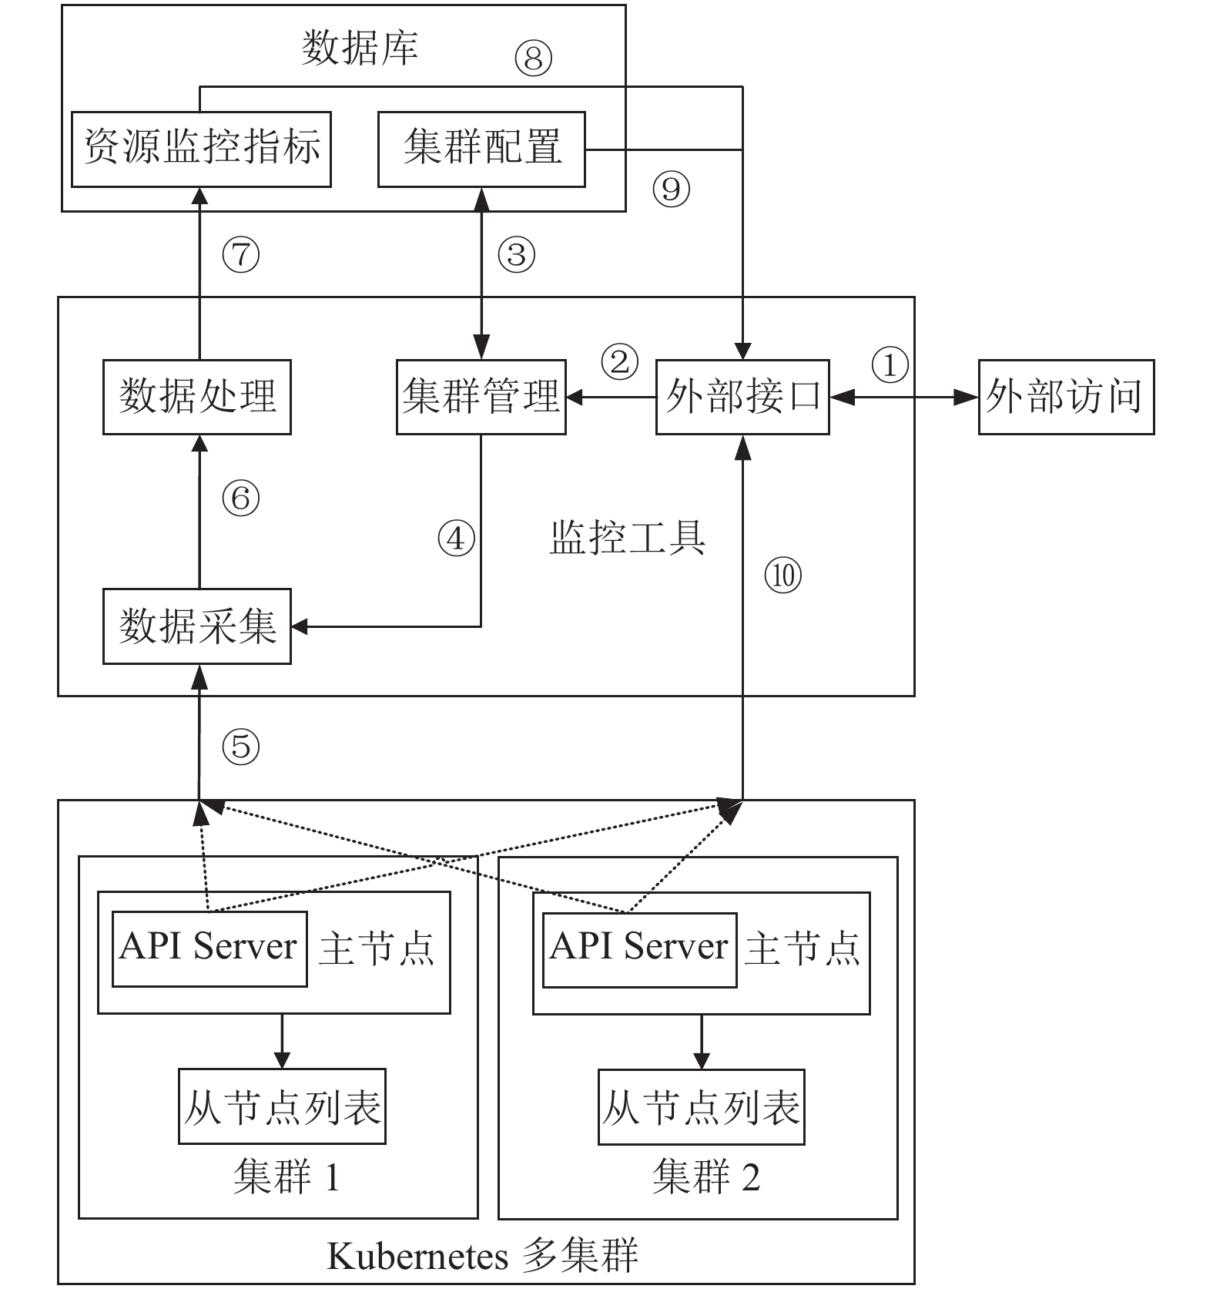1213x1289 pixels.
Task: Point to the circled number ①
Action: (x=890, y=364)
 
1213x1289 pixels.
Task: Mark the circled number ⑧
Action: (x=533, y=58)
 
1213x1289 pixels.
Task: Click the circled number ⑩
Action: (x=783, y=575)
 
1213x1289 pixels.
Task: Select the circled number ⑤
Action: (x=241, y=746)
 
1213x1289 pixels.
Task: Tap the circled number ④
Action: (x=456, y=538)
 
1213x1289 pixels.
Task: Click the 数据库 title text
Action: (x=360, y=48)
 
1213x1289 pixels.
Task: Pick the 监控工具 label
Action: (x=628, y=538)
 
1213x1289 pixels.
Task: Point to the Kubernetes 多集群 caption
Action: (x=483, y=1257)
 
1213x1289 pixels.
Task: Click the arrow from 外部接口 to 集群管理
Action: (x=611, y=398)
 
